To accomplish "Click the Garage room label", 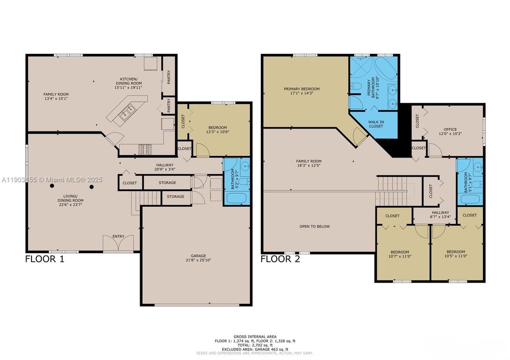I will pos(196,258).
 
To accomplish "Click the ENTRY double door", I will pos(118,244).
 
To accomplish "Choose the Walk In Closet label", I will pos(376,123).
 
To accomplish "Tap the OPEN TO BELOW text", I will pos(314,226).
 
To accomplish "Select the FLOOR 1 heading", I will pos(45,259).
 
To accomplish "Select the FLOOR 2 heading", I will pos(280,259).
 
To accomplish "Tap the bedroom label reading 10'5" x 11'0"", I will pos(455,254).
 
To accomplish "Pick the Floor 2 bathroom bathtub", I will pos(470,199).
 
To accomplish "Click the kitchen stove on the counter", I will pos(145,148).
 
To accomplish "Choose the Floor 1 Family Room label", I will pos(56,96).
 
